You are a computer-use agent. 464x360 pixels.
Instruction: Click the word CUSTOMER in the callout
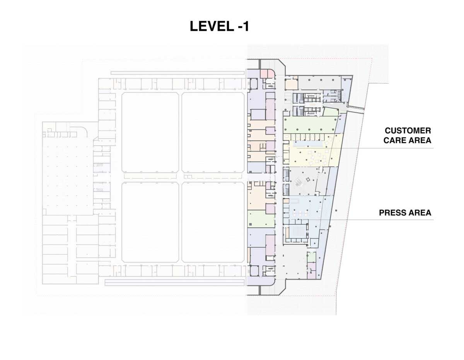click(408, 130)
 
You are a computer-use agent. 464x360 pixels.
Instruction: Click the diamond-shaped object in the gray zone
click(308, 179)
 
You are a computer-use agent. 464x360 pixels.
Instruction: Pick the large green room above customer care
click(309, 125)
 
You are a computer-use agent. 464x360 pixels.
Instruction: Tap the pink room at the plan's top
click(267, 74)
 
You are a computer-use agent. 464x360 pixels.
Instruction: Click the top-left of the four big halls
click(150, 132)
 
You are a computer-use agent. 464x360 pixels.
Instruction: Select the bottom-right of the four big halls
click(213, 222)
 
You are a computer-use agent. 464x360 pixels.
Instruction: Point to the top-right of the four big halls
click(213, 132)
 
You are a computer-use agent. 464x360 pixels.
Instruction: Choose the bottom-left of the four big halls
click(150, 222)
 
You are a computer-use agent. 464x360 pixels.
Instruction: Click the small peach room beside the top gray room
click(291, 84)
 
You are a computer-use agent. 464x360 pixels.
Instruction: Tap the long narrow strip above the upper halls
click(177, 73)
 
